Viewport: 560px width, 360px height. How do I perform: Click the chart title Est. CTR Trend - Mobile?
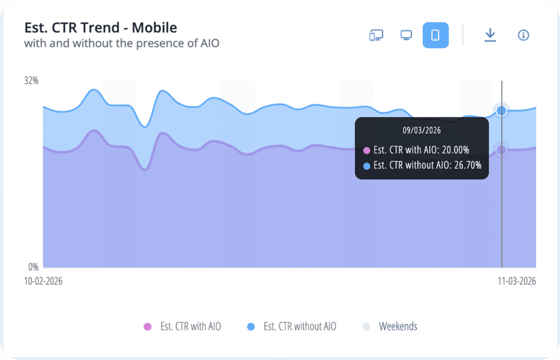100,28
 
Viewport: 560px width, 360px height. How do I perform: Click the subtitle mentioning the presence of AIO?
121,44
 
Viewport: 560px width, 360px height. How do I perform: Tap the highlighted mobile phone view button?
435,35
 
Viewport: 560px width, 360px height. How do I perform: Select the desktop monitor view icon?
406,35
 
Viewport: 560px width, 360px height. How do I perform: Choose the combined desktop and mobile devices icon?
376,35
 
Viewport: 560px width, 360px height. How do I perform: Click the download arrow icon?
490,35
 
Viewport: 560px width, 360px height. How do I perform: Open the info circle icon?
524,35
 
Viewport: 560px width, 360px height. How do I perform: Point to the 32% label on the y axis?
31,81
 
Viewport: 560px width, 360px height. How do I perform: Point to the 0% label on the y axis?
33,267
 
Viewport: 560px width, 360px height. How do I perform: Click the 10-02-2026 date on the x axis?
43,281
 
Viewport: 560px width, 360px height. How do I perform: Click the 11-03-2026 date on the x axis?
516,281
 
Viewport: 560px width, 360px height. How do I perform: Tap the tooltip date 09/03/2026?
421,131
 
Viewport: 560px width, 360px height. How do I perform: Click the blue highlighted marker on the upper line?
502,111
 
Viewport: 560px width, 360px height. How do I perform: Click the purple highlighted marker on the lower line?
502,150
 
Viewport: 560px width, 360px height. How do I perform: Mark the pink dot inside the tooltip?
366,151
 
